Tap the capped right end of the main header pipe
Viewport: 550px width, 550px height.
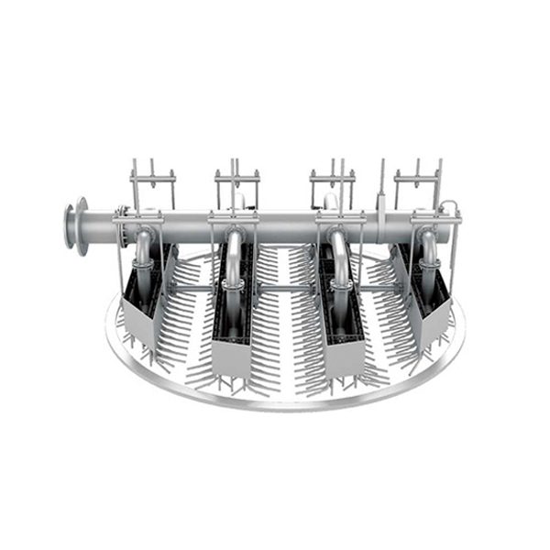click(456, 225)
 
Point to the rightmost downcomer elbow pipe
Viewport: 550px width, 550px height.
click(428, 249)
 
